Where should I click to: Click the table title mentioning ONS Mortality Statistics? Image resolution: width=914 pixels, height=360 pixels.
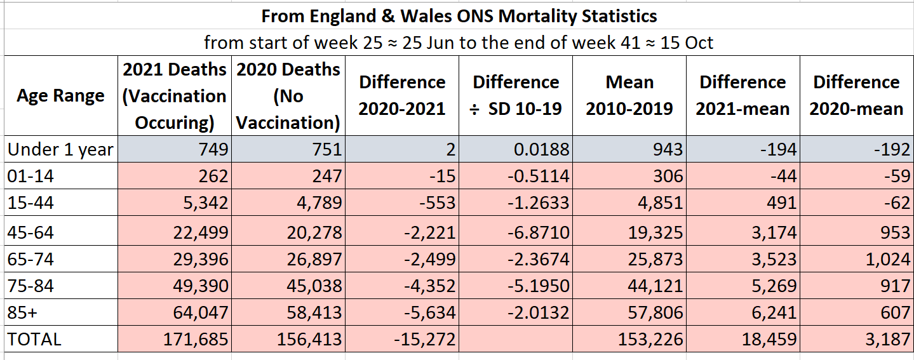coord(459,15)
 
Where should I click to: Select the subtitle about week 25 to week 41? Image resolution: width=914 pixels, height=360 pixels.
coord(459,43)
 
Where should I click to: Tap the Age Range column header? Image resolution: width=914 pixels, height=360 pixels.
coord(60,95)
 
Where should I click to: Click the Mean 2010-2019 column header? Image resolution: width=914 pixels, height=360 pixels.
coord(629,95)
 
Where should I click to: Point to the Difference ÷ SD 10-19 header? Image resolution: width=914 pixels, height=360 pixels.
coord(515,95)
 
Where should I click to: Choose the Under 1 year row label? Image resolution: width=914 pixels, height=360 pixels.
coord(60,150)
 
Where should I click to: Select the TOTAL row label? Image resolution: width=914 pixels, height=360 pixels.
coord(34,339)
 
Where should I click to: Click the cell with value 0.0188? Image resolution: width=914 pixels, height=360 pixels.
coord(539,150)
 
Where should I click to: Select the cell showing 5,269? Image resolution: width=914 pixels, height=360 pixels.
coord(769,286)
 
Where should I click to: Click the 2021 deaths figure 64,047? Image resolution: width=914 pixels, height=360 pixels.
coord(200,312)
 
